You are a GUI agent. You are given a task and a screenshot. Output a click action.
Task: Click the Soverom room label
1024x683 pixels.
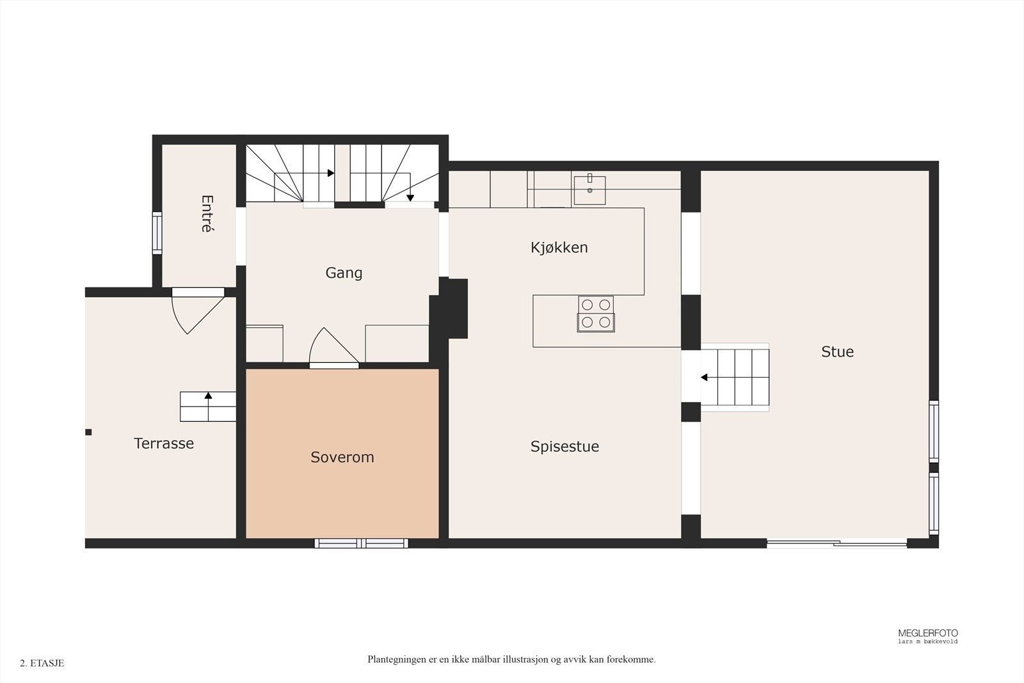pos(342,457)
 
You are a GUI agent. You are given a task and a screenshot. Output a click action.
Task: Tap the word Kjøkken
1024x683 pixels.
pos(559,248)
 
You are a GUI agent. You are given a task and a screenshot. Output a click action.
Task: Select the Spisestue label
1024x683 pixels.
pos(564,447)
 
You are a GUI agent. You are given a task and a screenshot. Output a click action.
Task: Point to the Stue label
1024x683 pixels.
pos(837,351)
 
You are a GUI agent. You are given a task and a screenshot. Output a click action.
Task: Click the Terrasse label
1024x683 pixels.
pos(164,444)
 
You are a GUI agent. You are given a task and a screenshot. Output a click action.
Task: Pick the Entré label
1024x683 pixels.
pos(206,214)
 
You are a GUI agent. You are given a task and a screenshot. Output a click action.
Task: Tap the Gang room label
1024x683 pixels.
pos(344,273)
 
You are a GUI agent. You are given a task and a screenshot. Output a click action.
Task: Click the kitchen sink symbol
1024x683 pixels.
pos(589,189)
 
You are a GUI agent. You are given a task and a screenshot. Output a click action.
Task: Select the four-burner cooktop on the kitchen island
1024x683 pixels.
pos(596,314)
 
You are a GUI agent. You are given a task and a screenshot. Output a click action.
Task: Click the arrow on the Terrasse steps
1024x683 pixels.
pos(208,396)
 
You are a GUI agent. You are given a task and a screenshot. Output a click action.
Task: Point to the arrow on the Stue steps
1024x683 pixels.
pos(705,378)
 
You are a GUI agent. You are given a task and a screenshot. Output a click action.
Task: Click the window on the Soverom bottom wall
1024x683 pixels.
pos(362,543)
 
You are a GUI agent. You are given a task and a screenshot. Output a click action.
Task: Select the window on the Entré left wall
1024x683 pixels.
pos(157,232)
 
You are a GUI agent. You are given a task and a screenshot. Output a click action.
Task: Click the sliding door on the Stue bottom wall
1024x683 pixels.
pos(836,544)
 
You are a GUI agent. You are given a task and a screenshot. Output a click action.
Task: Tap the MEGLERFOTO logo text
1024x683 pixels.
pos(927,633)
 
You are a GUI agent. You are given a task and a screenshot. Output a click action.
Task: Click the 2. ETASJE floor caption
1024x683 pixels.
pos(42,663)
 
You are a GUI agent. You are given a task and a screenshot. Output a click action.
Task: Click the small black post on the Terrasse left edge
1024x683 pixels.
pos(88,432)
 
